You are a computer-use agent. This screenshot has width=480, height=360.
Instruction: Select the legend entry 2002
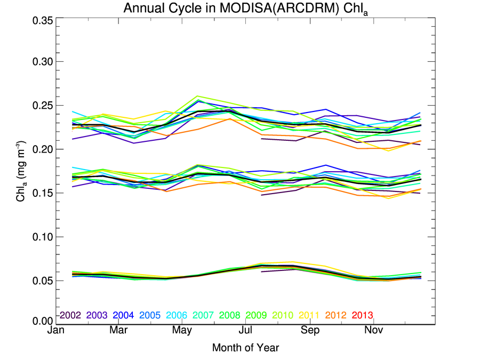coord(69,315)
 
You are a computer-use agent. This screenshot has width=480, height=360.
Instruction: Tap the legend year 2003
coord(96,315)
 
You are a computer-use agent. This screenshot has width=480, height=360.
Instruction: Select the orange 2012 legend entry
coord(336,315)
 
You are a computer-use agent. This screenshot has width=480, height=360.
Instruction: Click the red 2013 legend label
coord(363,315)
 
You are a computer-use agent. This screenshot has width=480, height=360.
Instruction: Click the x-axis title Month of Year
coord(245,348)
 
